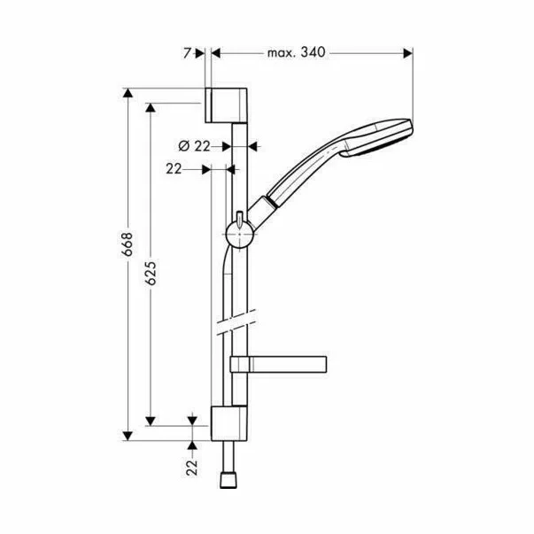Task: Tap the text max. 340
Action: point(297,53)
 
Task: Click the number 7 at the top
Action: point(188,53)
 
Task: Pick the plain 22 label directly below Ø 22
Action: point(174,167)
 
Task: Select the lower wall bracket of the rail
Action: point(228,422)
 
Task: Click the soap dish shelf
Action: point(278,363)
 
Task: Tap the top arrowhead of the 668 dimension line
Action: point(130,94)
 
